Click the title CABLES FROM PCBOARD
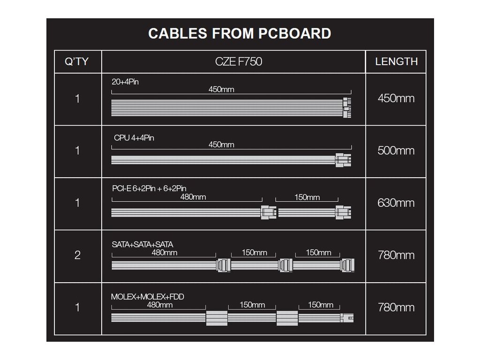coord(240,34)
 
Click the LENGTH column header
coord(396,61)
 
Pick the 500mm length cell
coord(396,151)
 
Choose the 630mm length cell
coord(396,203)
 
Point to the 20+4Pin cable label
coord(125,82)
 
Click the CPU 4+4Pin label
coord(134,138)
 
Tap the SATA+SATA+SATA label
coord(139,244)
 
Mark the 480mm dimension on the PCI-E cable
coord(193,197)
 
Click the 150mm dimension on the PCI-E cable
coord(307,197)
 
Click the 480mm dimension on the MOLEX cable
coord(160,305)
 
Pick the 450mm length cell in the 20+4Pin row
coord(396,98)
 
